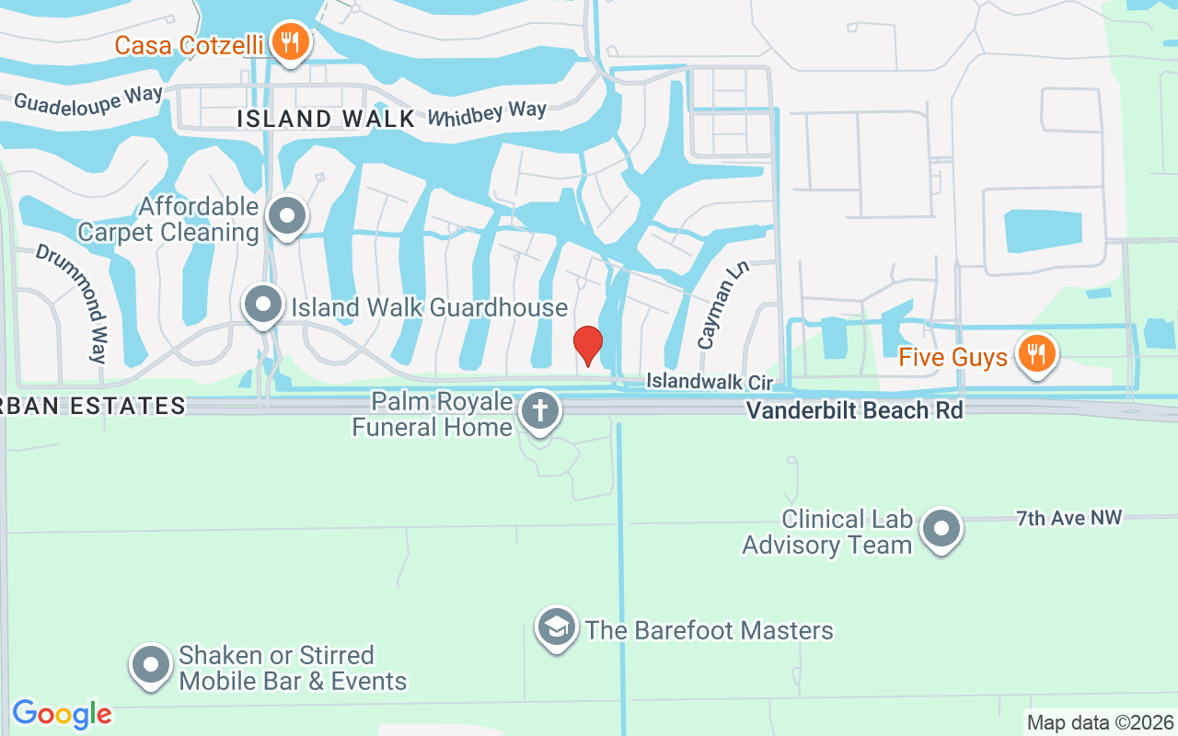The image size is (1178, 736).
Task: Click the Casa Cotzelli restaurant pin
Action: click(x=291, y=42)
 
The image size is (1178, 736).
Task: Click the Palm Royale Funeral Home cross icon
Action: click(x=539, y=410)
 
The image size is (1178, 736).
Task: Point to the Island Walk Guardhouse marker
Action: click(x=264, y=305)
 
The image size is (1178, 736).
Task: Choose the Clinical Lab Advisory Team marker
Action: click(x=941, y=530)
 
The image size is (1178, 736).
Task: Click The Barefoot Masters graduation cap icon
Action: click(x=556, y=628)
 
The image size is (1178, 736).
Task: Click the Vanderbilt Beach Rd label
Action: click(x=854, y=410)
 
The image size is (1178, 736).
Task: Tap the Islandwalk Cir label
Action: click(x=709, y=381)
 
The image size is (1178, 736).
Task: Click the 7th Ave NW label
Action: click(x=1068, y=518)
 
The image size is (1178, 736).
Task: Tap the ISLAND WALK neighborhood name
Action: click(x=326, y=119)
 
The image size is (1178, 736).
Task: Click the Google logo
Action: click(x=63, y=714)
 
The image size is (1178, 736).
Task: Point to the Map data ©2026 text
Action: click(x=1100, y=723)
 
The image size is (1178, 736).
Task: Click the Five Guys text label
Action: click(x=953, y=357)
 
